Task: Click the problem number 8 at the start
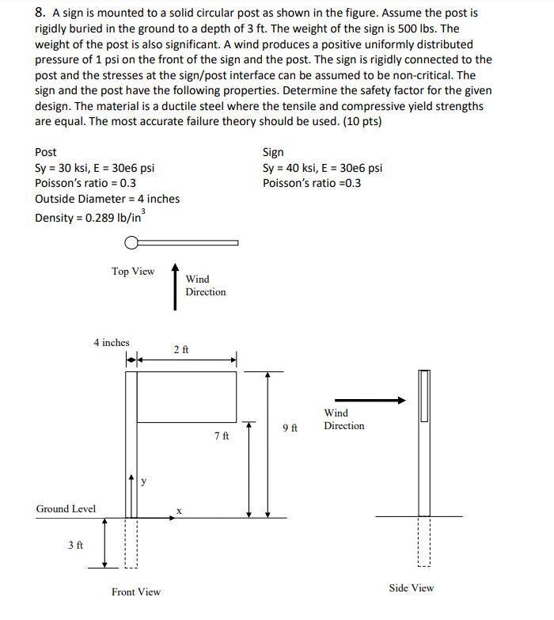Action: click(39, 13)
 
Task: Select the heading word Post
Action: click(46, 152)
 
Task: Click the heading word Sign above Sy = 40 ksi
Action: click(273, 152)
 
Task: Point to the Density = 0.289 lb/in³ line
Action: click(89, 217)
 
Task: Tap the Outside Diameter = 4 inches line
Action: click(107, 199)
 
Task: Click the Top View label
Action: click(133, 272)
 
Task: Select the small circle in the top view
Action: click(132, 243)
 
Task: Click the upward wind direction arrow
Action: click(176, 285)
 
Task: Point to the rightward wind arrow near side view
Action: click(370, 401)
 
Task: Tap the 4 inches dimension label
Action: click(111, 343)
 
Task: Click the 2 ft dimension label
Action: click(180, 349)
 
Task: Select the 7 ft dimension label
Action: click(222, 436)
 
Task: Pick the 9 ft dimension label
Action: click(290, 428)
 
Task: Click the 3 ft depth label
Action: click(75, 546)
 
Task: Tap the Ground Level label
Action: click(66, 509)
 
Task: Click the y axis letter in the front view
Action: click(143, 481)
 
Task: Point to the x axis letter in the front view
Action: click(179, 511)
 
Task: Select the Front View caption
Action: click(136, 591)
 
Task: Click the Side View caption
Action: click(412, 588)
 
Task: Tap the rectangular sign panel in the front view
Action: click(187, 397)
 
